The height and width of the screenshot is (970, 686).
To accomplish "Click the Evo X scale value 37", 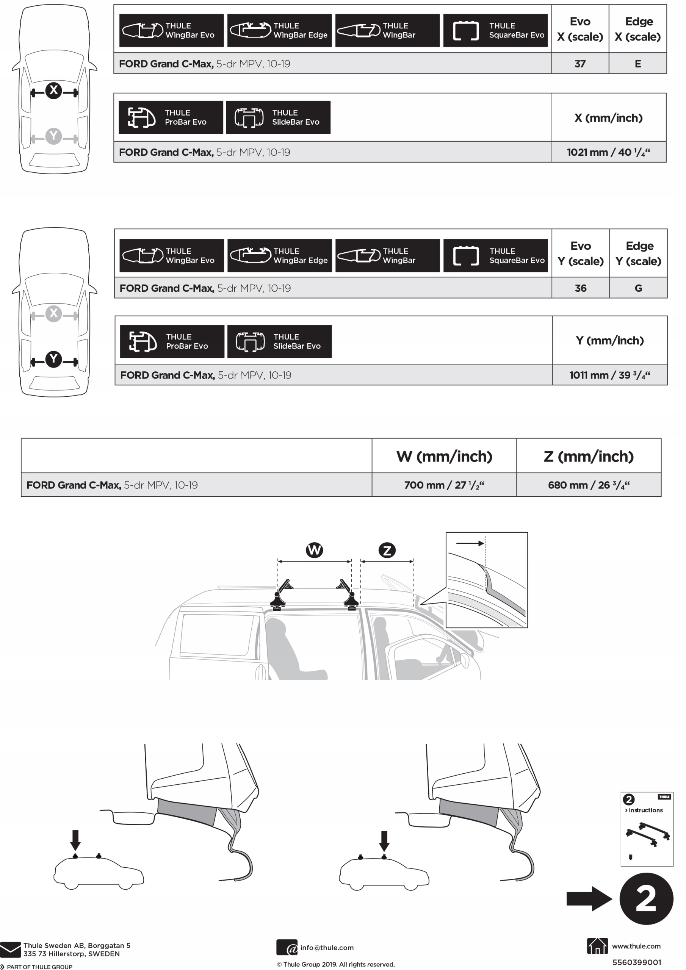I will coord(579,64).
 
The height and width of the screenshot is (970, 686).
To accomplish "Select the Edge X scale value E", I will coord(637,64).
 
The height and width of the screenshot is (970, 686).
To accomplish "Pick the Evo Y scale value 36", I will coord(580,288).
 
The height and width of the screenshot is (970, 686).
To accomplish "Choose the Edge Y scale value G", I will coord(638,288).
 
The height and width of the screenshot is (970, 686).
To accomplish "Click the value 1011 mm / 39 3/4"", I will coord(609,375).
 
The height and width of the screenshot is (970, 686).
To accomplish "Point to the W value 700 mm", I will coord(444,485).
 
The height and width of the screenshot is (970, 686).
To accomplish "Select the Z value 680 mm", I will coord(588,485).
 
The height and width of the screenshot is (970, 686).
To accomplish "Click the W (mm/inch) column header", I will coord(444,456).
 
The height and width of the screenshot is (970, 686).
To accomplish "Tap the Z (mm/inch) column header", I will coord(588,456).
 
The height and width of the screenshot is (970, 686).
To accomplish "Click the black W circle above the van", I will coord(314,550).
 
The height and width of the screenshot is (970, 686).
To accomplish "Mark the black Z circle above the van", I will coord(387,550).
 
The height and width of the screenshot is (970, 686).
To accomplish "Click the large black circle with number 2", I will coord(646,899).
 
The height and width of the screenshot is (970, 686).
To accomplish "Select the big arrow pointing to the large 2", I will coord(589,899).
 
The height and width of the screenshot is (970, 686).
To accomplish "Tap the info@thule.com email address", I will coord(327,948).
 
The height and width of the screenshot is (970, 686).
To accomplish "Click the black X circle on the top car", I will coord(54,90).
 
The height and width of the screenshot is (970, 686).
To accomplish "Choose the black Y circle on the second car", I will coord(54,359).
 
